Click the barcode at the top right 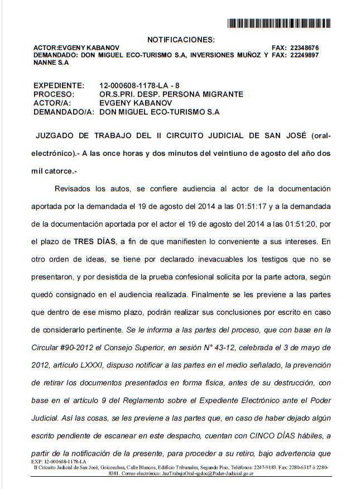click(x=279, y=23)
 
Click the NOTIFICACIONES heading click(x=180, y=40)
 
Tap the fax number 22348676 click(x=304, y=48)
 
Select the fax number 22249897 click(x=304, y=55)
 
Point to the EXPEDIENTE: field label click(x=59, y=85)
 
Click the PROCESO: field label click(x=54, y=94)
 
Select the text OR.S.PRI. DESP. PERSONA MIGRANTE click(x=171, y=94)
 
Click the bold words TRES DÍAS click(x=92, y=242)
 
